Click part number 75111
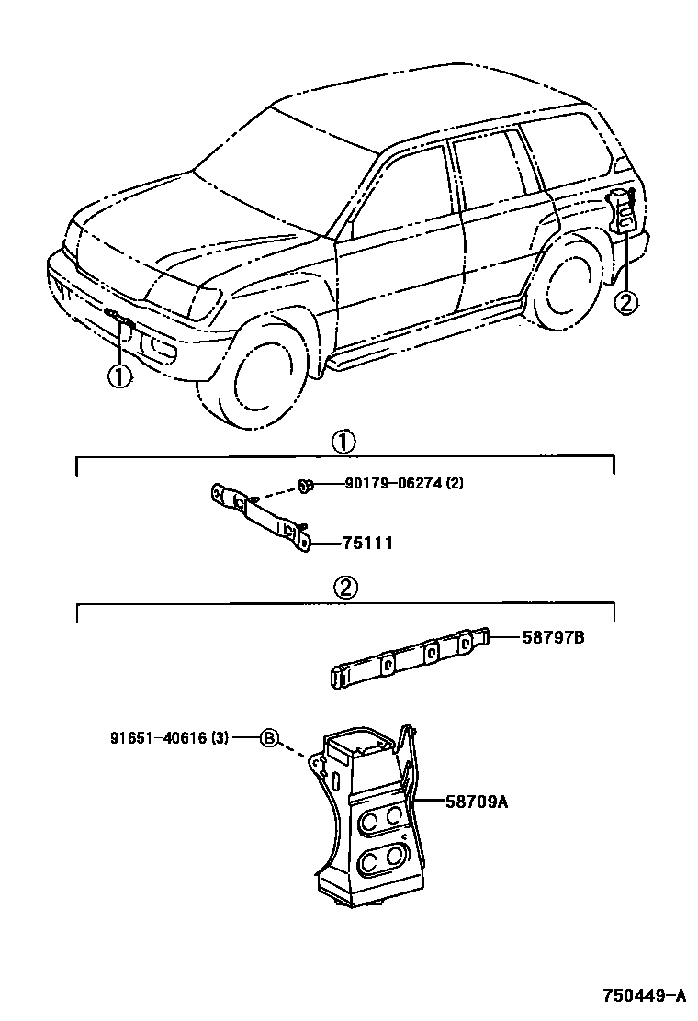[367, 544]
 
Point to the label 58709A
[477, 802]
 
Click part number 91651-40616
[155, 736]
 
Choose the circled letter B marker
[269, 736]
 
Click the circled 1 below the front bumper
[120, 376]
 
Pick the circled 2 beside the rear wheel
[625, 301]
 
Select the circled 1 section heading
[342, 442]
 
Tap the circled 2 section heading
[344, 589]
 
